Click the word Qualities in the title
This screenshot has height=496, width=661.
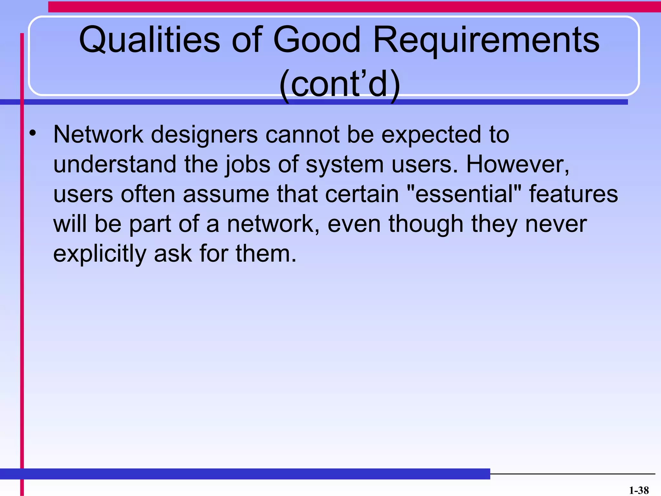tap(149, 40)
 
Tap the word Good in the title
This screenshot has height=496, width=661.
tap(316, 40)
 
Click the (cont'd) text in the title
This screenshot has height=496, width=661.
tap(340, 85)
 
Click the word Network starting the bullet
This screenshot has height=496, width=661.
tap(98, 134)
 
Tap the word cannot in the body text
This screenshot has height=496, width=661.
tap(302, 134)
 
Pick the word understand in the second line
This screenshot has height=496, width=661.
tap(115, 164)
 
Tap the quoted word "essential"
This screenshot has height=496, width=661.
tap(464, 194)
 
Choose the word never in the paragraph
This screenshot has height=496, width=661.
tap(556, 224)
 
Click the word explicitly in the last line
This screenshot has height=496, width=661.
tap(100, 254)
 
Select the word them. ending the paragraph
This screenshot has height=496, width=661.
tap(266, 253)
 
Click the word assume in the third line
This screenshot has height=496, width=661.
tap(226, 194)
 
